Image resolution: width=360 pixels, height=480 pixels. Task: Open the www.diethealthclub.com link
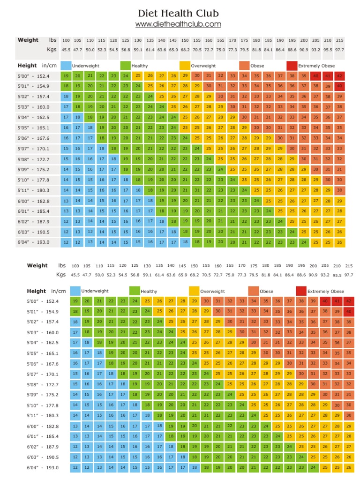[x=178, y=24]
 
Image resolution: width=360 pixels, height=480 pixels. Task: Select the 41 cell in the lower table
[x=337, y=301]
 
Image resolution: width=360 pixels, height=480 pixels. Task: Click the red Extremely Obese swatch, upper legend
[x=292, y=66]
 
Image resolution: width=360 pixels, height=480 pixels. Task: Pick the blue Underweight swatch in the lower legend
[x=75, y=291]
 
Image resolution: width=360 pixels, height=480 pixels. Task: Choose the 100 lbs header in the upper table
[x=66, y=41]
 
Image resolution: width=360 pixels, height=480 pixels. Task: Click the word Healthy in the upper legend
[x=140, y=66]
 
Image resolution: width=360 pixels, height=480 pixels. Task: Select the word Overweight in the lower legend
[x=212, y=292]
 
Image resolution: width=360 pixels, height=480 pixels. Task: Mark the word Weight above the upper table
[x=28, y=40]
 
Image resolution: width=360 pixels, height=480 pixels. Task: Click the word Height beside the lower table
[x=37, y=291]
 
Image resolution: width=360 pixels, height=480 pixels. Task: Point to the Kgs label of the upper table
[x=52, y=49]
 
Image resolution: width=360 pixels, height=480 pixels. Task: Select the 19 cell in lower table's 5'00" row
[x=75, y=301]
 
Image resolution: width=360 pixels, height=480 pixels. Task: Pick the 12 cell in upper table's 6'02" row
[x=66, y=222]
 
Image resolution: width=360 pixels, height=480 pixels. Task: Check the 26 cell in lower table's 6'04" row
[x=348, y=467]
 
